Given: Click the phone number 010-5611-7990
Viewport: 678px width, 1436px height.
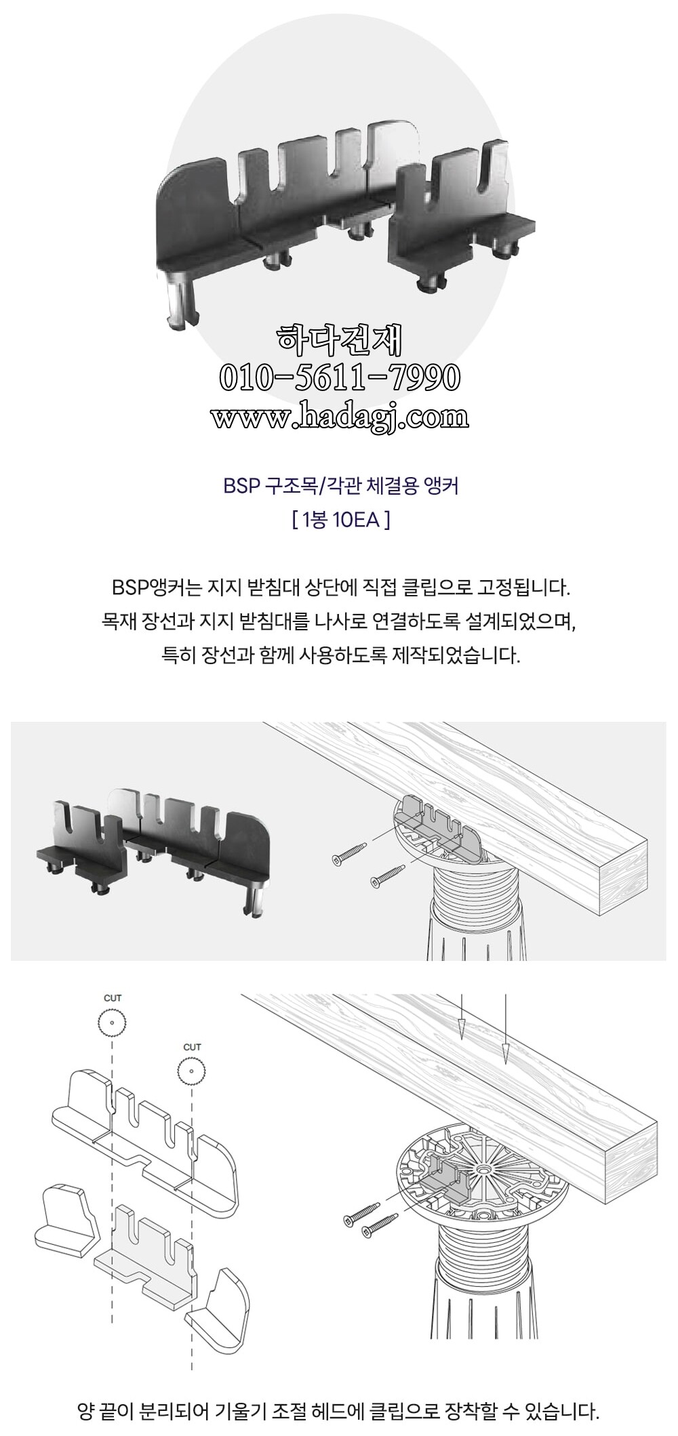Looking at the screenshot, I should pyautogui.click(x=340, y=378).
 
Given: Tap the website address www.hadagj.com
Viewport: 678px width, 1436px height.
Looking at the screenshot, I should pyautogui.click(x=340, y=415).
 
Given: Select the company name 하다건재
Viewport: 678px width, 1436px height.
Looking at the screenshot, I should pyautogui.click(x=340, y=341).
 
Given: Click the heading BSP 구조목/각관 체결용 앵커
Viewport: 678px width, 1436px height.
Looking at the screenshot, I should pyautogui.click(x=340, y=486).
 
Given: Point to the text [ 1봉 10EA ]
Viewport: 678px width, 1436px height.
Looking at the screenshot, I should pyautogui.click(x=340, y=520).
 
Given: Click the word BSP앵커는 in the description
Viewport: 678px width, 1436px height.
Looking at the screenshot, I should pyautogui.click(x=157, y=587).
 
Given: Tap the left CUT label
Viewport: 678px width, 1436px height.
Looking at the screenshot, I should pyautogui.click(x=113, y=998).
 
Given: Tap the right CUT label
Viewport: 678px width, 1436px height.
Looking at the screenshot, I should pyautogui.click(x=193, y=1046).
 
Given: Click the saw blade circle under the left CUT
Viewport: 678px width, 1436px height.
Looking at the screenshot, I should pyautogui.click(x=113, y=1023).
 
